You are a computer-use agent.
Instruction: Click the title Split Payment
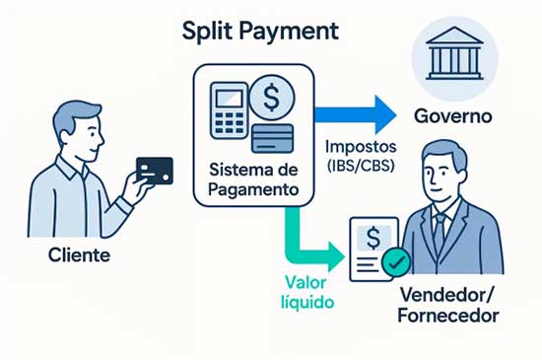(260, 32)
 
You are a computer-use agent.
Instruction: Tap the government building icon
(454, 53)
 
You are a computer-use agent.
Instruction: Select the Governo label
(453, 116)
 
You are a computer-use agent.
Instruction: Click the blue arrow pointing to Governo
(356, 114)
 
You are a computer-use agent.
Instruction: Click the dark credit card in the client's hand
(155, 171)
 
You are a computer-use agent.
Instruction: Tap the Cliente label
(79, 255)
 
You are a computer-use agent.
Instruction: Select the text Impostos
(361, 147)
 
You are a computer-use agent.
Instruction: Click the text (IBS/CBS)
(361, 166)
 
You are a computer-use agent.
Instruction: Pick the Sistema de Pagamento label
(253, 180)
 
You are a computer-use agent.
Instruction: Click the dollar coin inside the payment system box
(272, 98)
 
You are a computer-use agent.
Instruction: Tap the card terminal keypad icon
(230, 110)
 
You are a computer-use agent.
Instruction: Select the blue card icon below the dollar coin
(273, 139)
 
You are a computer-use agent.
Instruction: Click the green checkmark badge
(396, 262)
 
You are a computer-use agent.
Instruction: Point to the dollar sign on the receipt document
(373, 238)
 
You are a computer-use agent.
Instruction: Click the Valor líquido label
(307, 293)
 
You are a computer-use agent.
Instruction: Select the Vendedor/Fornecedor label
(448, 305)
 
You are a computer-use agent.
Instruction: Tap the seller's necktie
(440, 229)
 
